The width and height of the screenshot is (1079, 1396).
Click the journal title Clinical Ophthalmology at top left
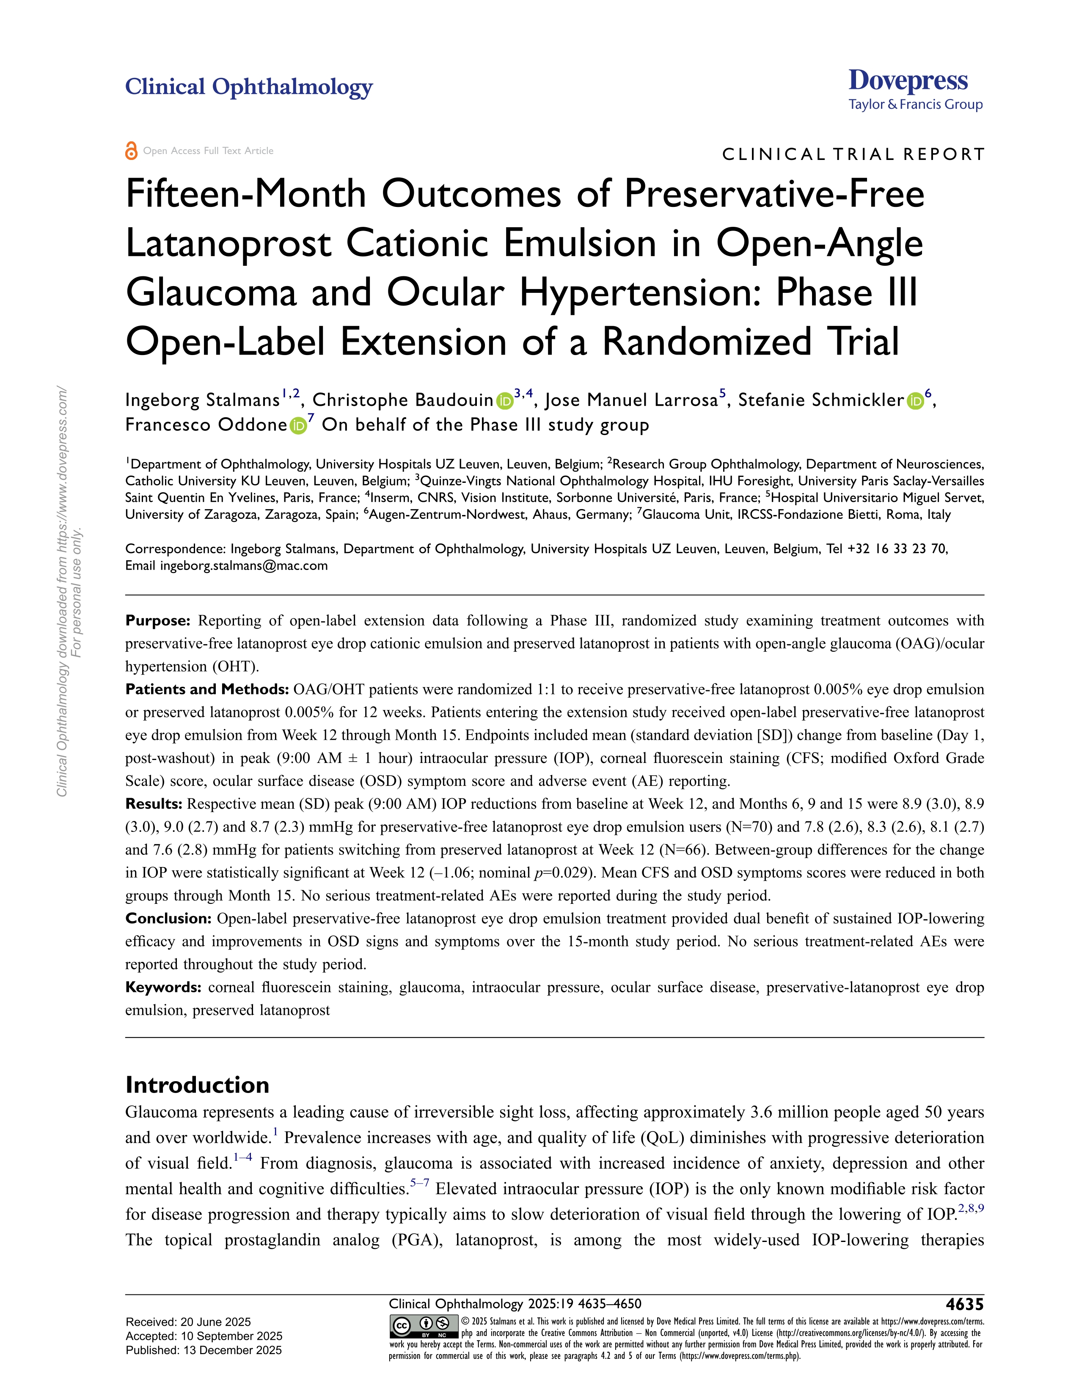[249, 87]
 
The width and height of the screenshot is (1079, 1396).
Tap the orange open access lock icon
[131, 151]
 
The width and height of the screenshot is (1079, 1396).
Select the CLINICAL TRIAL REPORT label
[853, 155]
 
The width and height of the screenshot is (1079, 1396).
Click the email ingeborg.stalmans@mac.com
[244, 566]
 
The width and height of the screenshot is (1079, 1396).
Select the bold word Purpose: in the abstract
[158, 621]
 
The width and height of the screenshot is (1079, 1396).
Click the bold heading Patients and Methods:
[207, 690]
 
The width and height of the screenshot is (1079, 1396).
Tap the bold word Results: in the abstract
[154, 804]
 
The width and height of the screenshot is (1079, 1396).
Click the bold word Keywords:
[164, 988]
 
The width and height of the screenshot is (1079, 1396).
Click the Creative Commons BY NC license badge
[423, 1326]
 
